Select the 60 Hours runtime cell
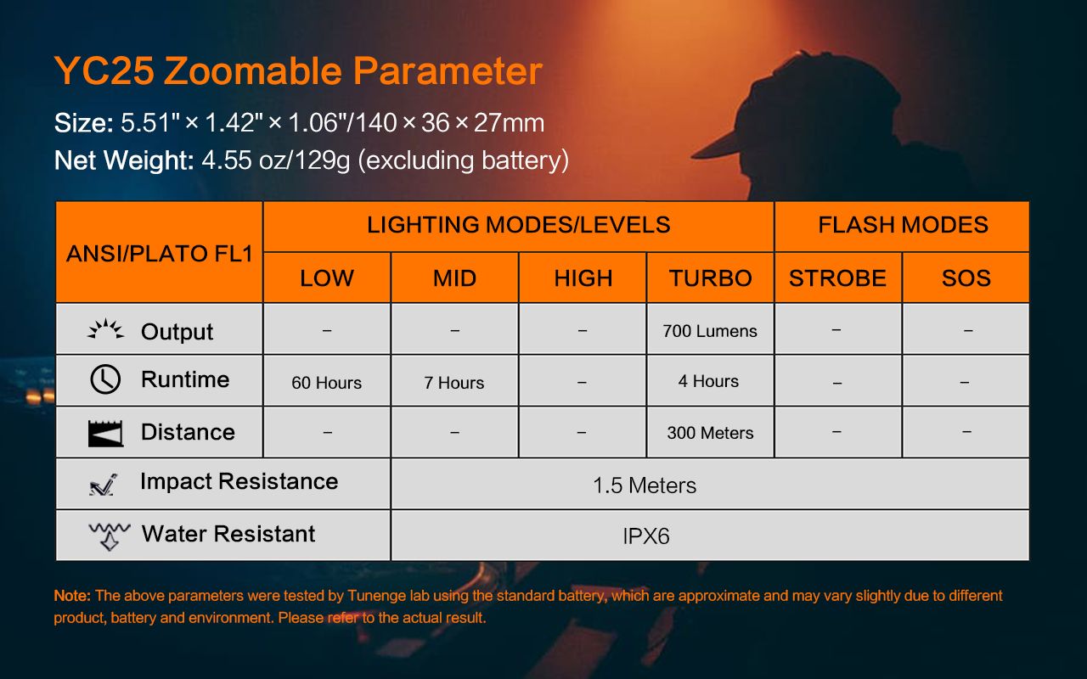[327, 382]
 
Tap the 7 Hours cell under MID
[454, 382]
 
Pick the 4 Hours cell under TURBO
[709, 381]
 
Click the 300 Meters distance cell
[710, 432]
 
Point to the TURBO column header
[711, 278]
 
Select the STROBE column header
[837, 278]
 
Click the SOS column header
[966, 278]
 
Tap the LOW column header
[327, 278]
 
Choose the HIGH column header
[583, 278]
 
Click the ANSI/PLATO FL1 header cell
[159, 252]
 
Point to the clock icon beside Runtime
[105, 379]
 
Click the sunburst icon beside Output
[106, 329]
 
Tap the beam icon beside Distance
[105, 433]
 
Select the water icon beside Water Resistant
[110, 536]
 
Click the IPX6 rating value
[646, 536]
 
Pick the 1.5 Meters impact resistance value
[645, 485]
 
